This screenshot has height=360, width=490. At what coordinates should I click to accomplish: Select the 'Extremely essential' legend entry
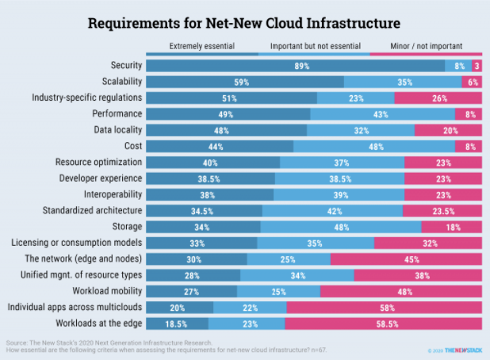tap(202, 47)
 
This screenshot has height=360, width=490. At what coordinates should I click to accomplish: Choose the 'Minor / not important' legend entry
tap(427, 47)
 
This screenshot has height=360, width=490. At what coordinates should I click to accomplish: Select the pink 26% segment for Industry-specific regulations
tap(439, 98)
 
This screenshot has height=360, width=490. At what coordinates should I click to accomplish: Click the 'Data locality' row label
tap(117, 130)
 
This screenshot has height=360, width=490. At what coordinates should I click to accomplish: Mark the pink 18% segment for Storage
tap(452, 227)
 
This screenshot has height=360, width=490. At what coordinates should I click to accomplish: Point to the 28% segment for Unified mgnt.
tap(193, 274)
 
